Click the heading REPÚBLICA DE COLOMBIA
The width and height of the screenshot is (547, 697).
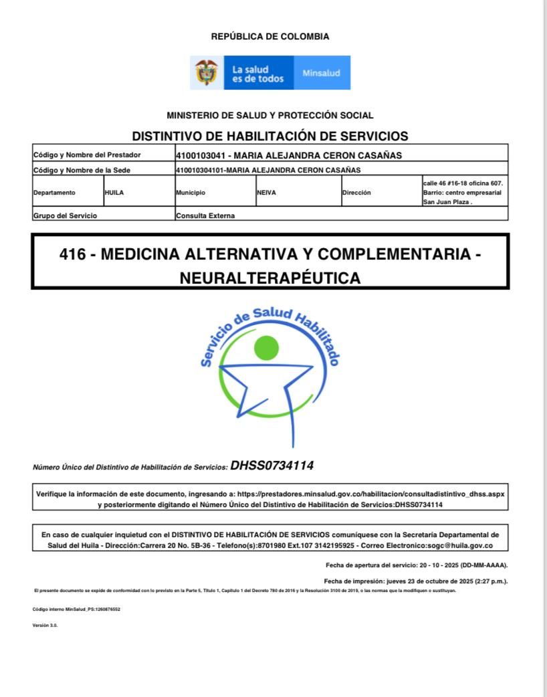(270, 37)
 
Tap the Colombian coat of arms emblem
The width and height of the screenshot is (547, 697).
(207, 72)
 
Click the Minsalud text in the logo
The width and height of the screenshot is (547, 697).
(321, 73)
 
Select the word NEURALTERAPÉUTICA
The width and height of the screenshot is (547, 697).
(270, 278)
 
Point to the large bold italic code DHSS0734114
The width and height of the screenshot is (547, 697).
(271, 466)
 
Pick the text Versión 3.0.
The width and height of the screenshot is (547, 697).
(45, 625)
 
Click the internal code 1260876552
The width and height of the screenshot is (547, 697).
(108, 609)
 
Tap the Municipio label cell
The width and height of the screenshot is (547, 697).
(191, 193)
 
